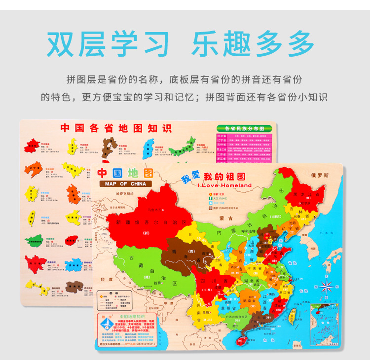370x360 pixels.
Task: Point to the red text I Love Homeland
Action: (224, 185)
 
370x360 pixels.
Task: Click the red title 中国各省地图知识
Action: (115, 128)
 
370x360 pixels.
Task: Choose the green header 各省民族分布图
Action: (244, 128)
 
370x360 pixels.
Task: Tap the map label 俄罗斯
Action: (320, 175)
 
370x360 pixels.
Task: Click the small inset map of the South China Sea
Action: (323, 323)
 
